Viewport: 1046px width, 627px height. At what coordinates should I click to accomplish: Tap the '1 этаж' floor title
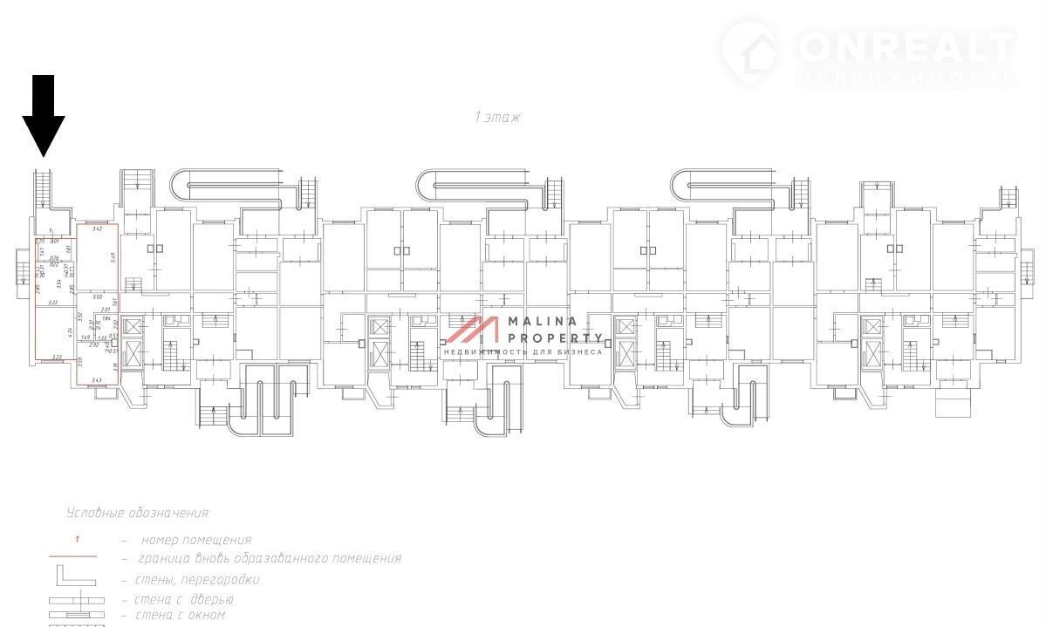tap(497, 117)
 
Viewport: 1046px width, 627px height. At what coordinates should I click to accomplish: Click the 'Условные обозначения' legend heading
tap(138, 513)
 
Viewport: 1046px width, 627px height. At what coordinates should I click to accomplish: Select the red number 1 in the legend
tap(77, 539)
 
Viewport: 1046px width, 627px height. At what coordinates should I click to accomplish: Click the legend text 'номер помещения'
tap(195, 540)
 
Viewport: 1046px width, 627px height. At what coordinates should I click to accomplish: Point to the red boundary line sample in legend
tap(72, 556)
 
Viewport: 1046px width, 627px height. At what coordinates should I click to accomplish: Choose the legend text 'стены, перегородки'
tap(197, 579)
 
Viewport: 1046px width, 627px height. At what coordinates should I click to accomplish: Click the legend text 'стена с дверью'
tap(184, 599)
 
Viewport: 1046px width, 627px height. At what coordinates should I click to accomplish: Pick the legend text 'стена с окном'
tap(180, 615)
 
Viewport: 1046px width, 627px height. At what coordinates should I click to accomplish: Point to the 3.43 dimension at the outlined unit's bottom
tap(97, 379)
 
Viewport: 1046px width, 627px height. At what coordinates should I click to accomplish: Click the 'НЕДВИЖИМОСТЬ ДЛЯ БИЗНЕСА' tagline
tap(523, 351)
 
